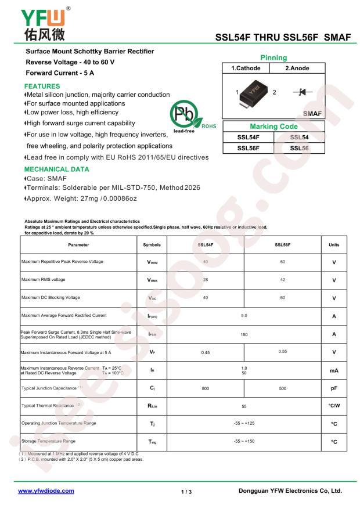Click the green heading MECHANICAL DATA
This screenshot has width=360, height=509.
pyautogui.click(x=56, y=170)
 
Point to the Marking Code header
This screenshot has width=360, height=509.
pyautogui.click(x=273, y=127)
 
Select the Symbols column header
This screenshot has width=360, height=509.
pyautogui.click(x=152, y=246)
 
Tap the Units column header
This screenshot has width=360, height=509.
pyautogui.click(x=334, y=246)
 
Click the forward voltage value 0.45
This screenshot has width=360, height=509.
pyautogui.click(x=205, y=352)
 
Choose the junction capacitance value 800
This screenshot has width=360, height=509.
pyautogui.click(x=205, y=388)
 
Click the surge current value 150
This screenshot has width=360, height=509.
pyautogui.click(x=244, y=334)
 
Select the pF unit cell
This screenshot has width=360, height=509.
pyautogui.click(x=334, y=388)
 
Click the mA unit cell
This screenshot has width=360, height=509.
pyautogui.click(x=334, y=370)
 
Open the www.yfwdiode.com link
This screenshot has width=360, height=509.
pyautogui.click(x=46, y=491)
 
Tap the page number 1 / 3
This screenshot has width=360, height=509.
pyautogui.click(x=186, y=492)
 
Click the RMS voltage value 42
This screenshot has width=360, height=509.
pyautogui.click(x=283, y=280)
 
